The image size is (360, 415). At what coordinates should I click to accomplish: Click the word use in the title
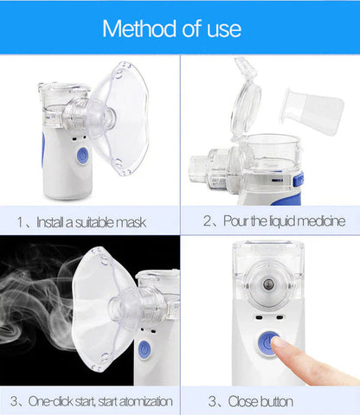[x=222, y=29]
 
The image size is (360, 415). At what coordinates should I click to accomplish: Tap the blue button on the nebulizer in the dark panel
[x=144, y=349]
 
